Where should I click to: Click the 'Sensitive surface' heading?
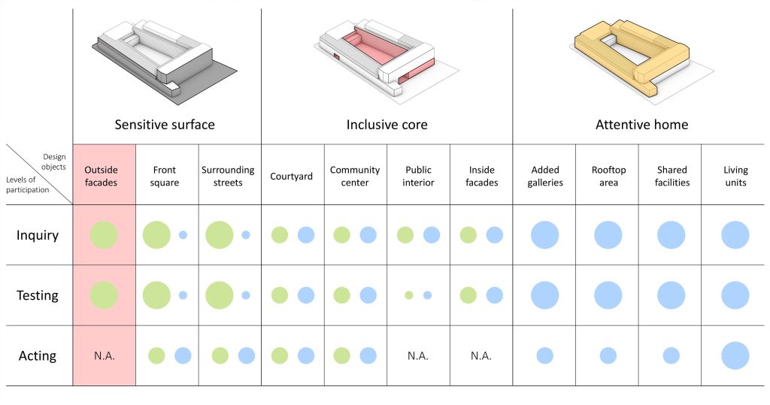(165, 125)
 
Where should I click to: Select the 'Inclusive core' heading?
(387, 125)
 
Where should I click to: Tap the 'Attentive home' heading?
(642, 125)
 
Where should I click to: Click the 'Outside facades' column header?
(101, 177)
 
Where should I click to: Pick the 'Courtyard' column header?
(291, 177)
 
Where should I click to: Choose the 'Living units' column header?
(735, 177)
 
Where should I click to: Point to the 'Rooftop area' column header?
(608, 177)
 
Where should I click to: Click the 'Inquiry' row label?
(38, 235)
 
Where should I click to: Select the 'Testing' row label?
(38, 295)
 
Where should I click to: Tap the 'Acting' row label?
(38, 355)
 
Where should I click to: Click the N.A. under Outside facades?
(104, 356)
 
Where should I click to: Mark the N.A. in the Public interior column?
(418, 356)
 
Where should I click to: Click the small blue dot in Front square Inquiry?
(183, 235)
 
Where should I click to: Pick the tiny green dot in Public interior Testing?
(408, 295)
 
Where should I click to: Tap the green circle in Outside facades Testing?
(104, 295)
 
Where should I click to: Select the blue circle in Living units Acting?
(735, 355)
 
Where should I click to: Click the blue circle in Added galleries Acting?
(544, 355)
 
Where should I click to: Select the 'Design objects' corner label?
(53, 162)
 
